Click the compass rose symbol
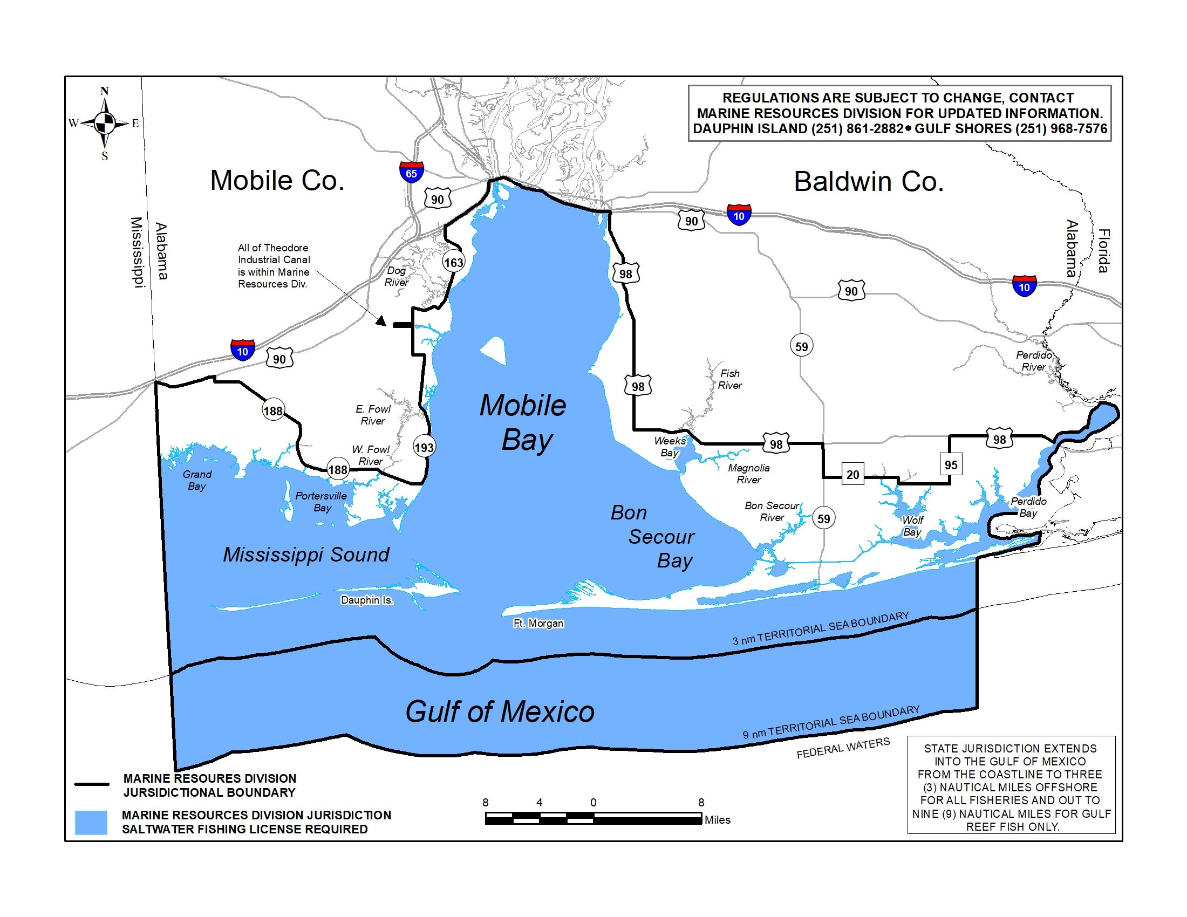(x=104, y=124)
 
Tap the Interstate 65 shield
(x=412, y=172)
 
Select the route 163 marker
(x=453, y=263)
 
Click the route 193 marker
(x=424, y=448)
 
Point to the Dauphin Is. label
(x=367, y=600)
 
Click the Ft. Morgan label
(x=538, y=623)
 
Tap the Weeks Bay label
(x=670, y=447)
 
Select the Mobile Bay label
(x=523, y=423)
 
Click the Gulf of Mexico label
(x=500, y=711)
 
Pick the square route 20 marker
(x=852, y=475)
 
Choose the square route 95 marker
(x=951, y=464)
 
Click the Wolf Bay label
(x=912, y=526)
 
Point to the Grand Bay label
(x=197, y=480)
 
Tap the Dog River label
(x=396, y=277)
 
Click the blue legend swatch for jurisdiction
(x=91, y=823)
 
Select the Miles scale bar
(x=593, y=818)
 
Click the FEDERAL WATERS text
(x=843, y=748)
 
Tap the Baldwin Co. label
(x=868, y=181)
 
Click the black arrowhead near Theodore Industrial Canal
(x=381, y=321)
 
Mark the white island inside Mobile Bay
(x=495, y=351)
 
